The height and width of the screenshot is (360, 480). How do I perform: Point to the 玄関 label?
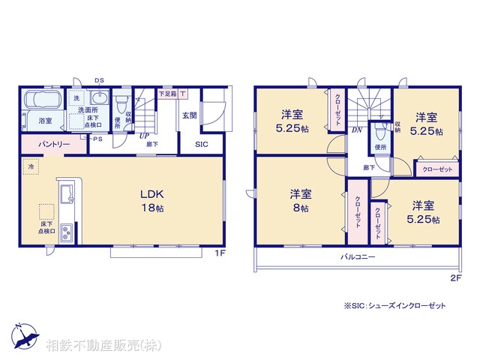189,115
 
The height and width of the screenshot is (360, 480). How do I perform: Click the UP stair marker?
142,136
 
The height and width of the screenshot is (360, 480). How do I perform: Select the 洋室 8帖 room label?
301,200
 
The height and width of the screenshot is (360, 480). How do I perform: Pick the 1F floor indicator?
220,253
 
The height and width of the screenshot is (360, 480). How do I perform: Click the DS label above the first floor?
100,80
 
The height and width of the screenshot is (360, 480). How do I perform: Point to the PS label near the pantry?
97,139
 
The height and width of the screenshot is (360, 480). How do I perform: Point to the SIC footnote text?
394,305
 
